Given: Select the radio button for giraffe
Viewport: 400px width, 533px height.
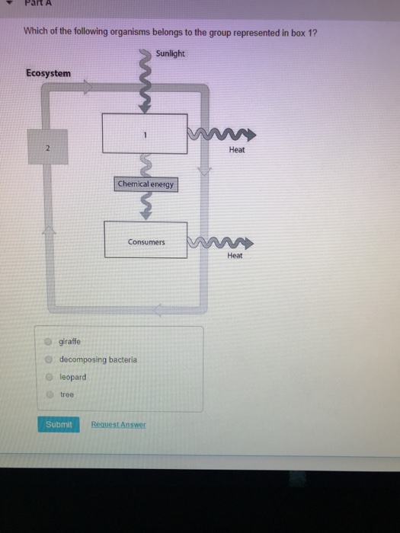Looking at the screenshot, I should [48, 341].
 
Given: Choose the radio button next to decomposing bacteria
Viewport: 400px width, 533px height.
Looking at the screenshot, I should [48, 359].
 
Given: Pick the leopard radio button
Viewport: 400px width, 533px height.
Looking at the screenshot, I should [48, 377].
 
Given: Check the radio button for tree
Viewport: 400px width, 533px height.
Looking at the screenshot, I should [48, 394].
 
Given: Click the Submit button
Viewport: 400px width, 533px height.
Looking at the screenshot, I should [58, 424].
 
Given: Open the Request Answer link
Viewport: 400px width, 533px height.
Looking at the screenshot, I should [118, 424].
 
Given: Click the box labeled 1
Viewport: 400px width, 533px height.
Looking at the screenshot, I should [145, 132].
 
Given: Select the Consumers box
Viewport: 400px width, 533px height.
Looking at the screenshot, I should [146, 240].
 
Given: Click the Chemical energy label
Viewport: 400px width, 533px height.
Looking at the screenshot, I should [146, 184].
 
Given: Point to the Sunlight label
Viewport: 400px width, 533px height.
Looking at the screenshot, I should [171, 54].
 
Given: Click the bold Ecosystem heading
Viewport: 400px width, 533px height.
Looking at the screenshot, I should [48, 73].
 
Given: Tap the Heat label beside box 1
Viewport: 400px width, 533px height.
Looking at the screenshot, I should [237, 150].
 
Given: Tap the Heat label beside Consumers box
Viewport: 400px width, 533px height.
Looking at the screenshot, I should [235, 256].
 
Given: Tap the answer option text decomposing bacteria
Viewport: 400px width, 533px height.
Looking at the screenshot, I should [98, 359].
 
